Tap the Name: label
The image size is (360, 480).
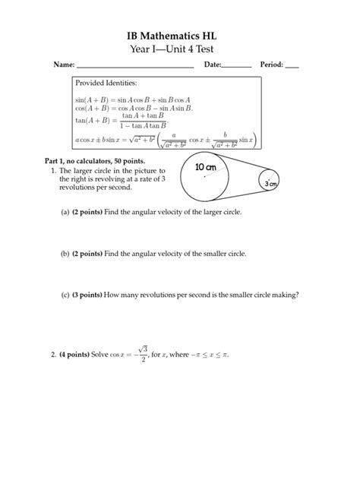tap(63, 65)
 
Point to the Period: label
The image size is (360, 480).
tap(271, 65)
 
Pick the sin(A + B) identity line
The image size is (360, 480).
tap(132, 99)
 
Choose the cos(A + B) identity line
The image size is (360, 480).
tap(134, 109)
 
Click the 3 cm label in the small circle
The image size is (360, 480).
tap(270, 185)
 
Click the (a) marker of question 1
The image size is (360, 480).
tap(66, 213)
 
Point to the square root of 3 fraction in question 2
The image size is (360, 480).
tap(143, 355)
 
